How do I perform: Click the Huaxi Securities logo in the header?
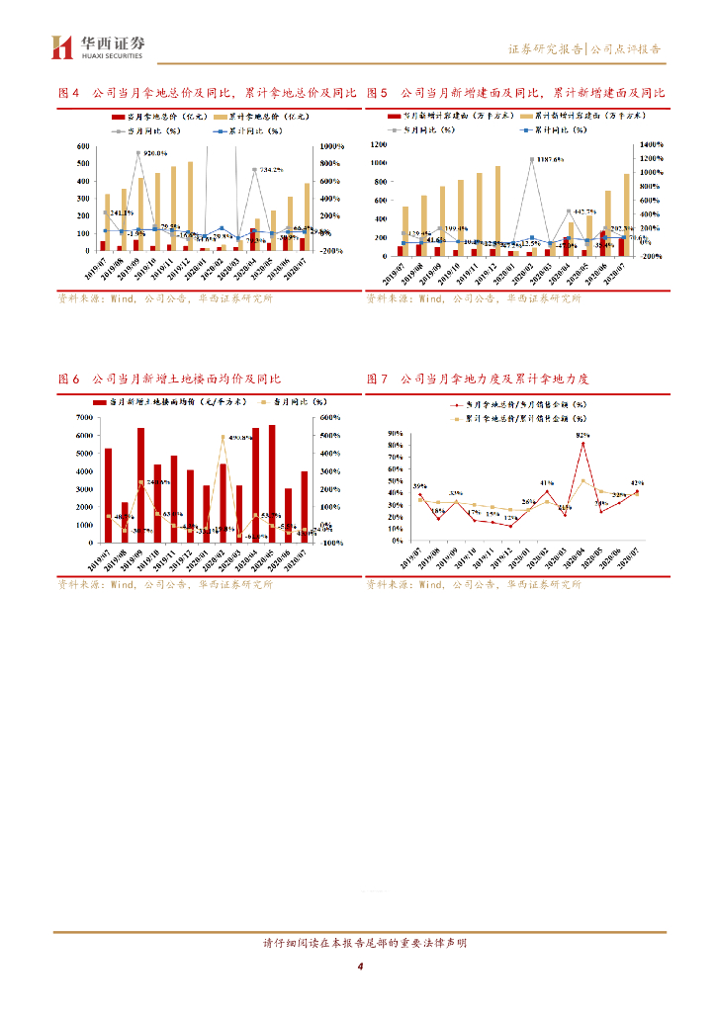tap(98, 45)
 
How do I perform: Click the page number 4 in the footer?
tap(361, 966)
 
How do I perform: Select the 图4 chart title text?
tap(207, 93)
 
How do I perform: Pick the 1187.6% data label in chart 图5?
tap(545, 159)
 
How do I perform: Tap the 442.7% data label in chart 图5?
tap(582, 211)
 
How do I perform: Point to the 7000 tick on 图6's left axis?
tap(85, 418)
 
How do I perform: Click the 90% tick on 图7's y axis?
tap(394, 433)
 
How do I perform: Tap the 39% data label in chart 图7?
tap(419, 486)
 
